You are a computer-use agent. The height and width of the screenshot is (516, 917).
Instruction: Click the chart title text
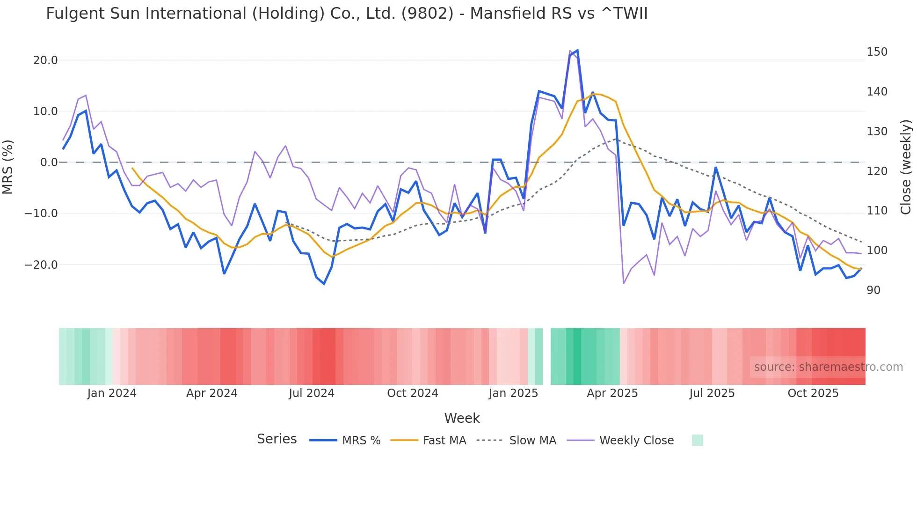pyautogui.click(x=347, y=14)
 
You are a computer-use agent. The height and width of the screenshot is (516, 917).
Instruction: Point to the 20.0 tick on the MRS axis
pyautogui.click(x=45, y=60)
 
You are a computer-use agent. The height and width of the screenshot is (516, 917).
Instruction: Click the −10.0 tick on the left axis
pyautogui.click(x=41, y=214)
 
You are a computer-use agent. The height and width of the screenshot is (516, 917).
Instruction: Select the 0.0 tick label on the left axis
pyautogui.click(x=49, y=162)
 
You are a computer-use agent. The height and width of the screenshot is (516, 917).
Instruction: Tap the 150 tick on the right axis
pyautogui.click(x=877, y=52)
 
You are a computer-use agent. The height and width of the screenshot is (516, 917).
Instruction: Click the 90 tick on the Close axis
pyautogui.click(x=873, y=290)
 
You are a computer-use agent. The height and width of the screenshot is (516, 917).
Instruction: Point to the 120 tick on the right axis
pyautogui.click(x=877, y=171)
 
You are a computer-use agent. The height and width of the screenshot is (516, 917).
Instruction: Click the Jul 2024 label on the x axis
pyautogui.click(x=311, y=393)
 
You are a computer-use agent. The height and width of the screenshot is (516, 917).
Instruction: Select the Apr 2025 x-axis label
pyautogui.click(x=612, y=393)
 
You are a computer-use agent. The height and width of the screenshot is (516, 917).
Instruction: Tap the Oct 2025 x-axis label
pyautogui.click(x=813, y=393)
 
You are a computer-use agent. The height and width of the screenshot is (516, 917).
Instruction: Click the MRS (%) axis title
pyautogui.click(x=8, y=167)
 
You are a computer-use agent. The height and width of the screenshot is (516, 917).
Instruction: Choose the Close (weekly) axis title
pyautogui.click(x=906, y=167)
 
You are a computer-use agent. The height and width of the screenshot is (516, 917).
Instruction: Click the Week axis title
pyautogui.click(x=462, y=418)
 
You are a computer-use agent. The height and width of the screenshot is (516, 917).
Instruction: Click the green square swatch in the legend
pyautogui.click(x=697, y=440)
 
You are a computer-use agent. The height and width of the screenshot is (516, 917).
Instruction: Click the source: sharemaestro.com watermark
pyautogui.click(x=828, y=367)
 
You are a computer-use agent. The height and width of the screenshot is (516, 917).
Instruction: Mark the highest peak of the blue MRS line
pyautogui.click(x=577, y=50)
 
